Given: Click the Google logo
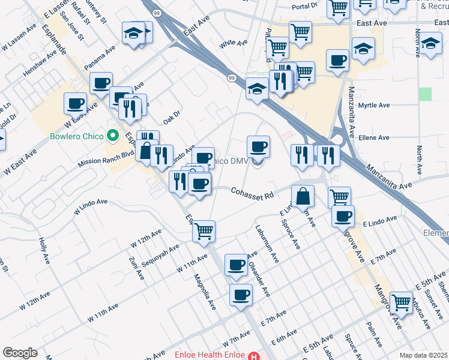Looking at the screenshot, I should point(20,353).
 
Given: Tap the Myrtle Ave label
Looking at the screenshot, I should point(374,106).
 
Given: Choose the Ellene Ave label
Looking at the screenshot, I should point(374,137).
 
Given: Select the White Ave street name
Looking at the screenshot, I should point(234,43).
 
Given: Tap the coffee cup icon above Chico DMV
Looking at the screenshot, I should point(258,146).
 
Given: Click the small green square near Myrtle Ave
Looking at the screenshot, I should point(426,94).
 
